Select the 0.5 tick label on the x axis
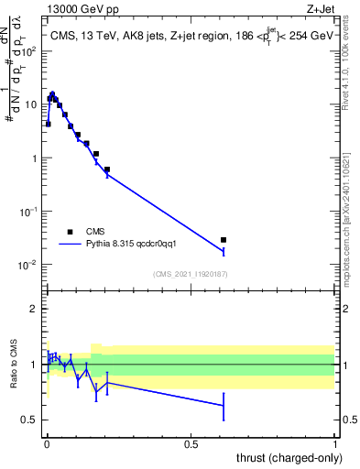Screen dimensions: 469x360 tap(191, 443)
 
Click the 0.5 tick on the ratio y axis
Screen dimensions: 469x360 tap(30, 420)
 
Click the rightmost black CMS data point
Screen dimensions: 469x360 tap(224, 240)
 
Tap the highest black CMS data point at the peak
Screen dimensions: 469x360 tap(52, 94)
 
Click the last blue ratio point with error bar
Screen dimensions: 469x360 tap(224, 405)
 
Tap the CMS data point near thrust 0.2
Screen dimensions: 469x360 tap(107, 169)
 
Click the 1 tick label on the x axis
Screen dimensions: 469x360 tap(335, 443)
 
